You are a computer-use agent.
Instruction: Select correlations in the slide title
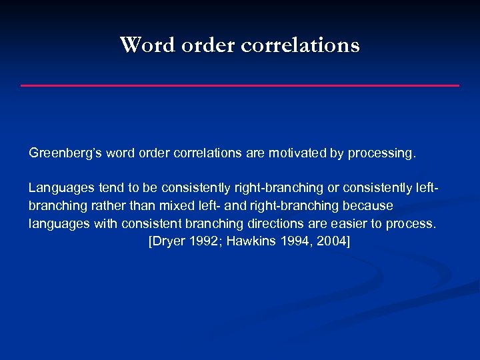[299, 45]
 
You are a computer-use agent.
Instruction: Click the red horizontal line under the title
[240, 85]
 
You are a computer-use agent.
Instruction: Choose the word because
[369, 205]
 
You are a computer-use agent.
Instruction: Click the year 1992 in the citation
[203, 241]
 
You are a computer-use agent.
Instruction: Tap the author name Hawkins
[252, 241]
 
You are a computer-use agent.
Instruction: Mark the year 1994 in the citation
[297, 241]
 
